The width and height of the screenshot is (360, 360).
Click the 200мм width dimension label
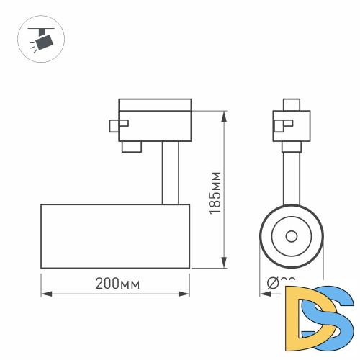[117, 284]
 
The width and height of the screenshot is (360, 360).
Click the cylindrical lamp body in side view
[115, 235]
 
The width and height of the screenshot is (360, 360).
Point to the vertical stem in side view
[170, 173]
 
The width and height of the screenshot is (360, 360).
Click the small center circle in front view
[291, 235]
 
